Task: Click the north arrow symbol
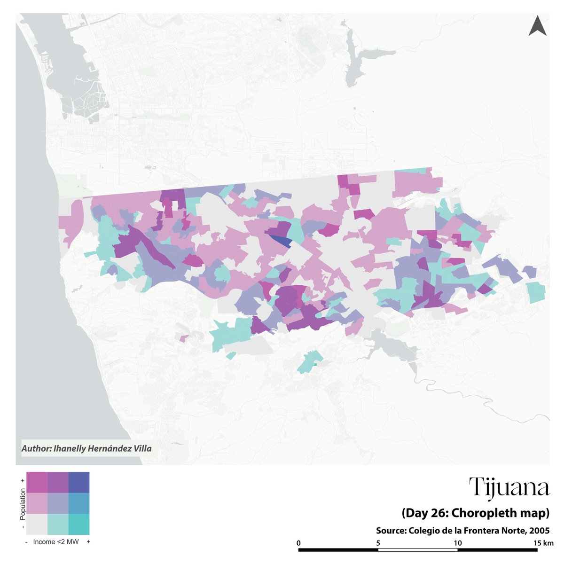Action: pyautogui.click(x=537, y=26)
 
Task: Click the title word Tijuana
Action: pyautogui.click(x=509, y=488)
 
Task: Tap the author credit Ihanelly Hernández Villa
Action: pyautogui.click(x=86, y=448)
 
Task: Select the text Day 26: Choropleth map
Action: pyautogui.click(x=475, y=513)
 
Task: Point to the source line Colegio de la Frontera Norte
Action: pyautogui.click(x=462, y=531)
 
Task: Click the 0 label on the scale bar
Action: pyautogui.click(x=299, y=543)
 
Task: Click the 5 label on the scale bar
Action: pyautogui.click(x=378, y=543)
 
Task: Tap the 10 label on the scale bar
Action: pyautogui.click(x=458, y=543)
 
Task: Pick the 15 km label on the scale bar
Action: pyautogui.click(x=543, y=543)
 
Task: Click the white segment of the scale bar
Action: pyautogui.click(x=418, y=549)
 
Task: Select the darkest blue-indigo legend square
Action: pyautogui.click(x=79, y=482)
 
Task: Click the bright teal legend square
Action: pyautogui.click(x=79, y=524)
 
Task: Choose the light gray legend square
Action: pyautogui.click(x=37, y=524)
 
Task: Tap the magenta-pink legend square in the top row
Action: pyautogui.click(x=37, y=482)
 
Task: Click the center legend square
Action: pyautogui.click(x=58, y=503)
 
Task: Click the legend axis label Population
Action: pyautogui.click(x=22, y=503)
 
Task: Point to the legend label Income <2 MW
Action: pyautogui.click(x=55, y=542)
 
